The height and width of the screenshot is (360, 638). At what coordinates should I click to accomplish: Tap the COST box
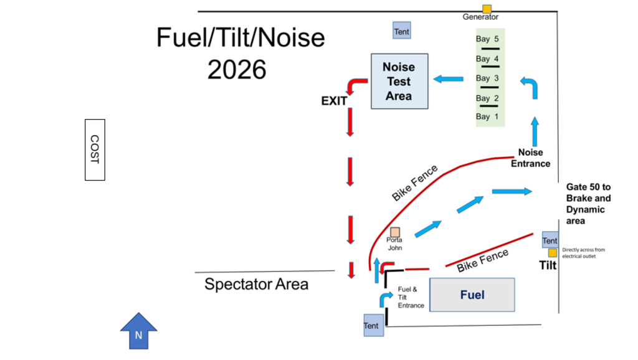coord(95,149)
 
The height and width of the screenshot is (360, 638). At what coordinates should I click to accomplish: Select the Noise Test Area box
coord(399,81)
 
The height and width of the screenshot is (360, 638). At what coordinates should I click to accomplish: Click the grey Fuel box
coord(472,295)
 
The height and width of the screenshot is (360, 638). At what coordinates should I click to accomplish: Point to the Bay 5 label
coord(487,39)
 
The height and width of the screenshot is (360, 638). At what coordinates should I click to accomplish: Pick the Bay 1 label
coord(487,116)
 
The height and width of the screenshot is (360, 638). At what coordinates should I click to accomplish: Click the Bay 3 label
coord(487,78)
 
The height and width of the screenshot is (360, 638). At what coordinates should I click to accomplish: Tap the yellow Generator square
coord(487,9)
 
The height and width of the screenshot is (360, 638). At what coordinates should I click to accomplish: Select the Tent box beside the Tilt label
coord(550,240)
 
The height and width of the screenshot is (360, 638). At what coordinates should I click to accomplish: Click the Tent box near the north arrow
coord(372,326)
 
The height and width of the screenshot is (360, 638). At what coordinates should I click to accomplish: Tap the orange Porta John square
coord(394,232)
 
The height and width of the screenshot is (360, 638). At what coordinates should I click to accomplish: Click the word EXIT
coord(334,101)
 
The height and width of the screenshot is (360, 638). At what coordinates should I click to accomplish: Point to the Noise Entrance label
coord(530,158)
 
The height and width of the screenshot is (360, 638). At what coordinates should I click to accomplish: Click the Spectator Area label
coord(256,285)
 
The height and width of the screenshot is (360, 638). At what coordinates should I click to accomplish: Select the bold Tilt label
coord(547,265)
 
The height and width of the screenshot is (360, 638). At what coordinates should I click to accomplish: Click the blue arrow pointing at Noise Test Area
coord(448,79)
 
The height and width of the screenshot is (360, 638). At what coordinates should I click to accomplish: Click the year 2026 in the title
coord(237,70)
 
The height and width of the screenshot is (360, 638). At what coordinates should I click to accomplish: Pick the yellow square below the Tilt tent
coord(552,253)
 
